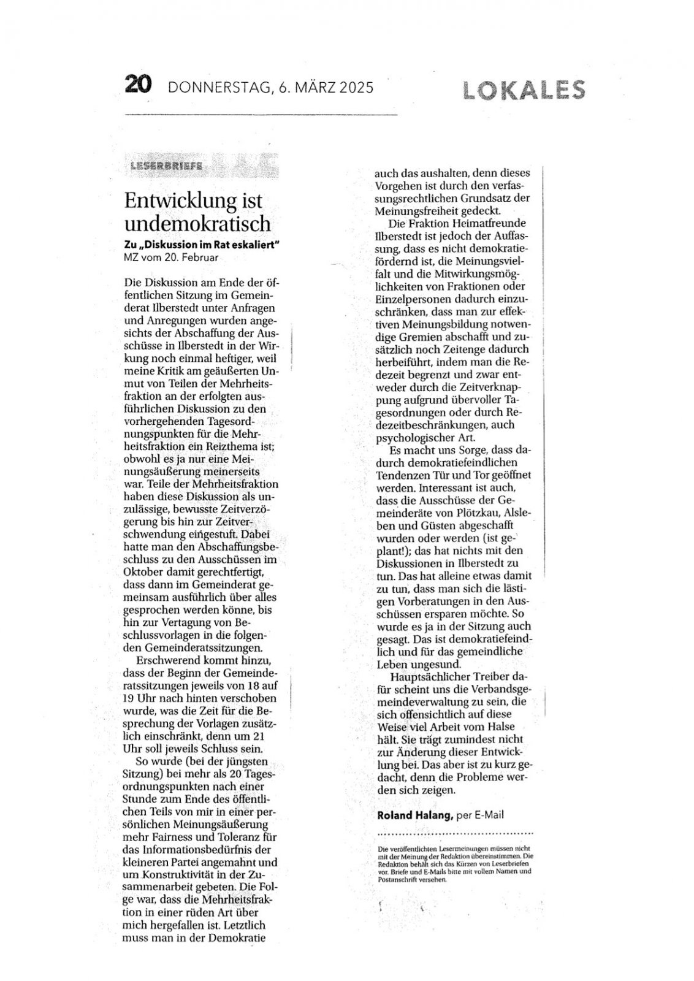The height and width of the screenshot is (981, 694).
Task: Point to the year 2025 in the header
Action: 353,88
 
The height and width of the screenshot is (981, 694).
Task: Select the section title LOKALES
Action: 524,90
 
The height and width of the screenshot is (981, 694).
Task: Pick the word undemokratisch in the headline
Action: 197,222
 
